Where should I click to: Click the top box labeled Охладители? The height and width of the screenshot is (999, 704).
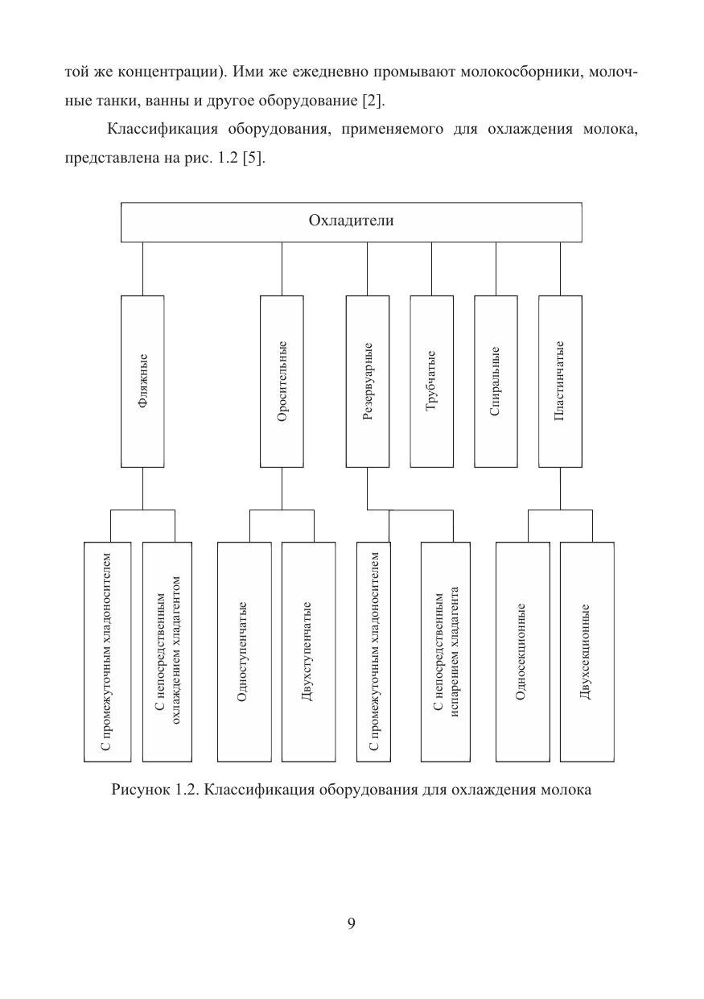(352, 222)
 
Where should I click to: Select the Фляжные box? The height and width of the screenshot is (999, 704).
(142, 382)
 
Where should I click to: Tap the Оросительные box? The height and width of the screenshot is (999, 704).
(282, 382)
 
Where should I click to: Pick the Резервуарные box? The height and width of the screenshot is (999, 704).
(368, 382)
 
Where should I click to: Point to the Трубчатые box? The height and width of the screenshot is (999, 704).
(431, 382)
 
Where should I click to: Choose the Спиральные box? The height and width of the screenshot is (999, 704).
(496, 382)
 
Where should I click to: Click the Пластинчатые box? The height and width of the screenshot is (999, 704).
(561, 382)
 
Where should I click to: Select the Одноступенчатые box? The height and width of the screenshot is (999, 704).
(245, 652)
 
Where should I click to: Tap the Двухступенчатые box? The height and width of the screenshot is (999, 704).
(308, 652)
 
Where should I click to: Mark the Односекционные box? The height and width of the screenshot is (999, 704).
(523, 652)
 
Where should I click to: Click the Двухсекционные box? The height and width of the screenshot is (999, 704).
(587, 652)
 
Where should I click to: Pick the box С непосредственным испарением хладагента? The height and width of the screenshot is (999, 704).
(446, 652)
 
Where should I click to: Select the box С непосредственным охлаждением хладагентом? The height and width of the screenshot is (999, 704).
(167, 652)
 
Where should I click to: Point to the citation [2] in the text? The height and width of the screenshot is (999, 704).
(373, 101)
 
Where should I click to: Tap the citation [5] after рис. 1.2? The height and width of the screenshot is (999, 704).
(253, 158)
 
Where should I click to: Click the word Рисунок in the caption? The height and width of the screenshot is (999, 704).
(141, 790)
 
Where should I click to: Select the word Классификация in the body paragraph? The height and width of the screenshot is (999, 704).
(163, 130)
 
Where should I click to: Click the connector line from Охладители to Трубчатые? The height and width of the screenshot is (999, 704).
(431, 269)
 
